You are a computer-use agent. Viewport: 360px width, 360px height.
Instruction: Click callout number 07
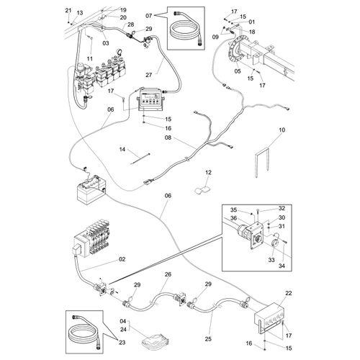(149, 16)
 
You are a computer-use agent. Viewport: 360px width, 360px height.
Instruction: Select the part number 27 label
(149, 75)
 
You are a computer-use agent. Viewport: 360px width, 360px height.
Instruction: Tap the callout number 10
(282, 130)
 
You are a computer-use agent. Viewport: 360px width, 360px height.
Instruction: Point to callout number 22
(289, 293)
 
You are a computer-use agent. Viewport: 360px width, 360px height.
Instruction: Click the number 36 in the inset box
(233, 218)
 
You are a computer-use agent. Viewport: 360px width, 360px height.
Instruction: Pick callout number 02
(122, 259)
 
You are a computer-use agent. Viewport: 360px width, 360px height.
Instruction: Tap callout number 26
(168, 274)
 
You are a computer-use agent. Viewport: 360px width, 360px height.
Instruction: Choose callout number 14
(122, 150)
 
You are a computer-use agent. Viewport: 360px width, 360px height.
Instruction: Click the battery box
(91, 191)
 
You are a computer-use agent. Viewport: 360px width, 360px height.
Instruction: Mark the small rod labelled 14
(140, 159)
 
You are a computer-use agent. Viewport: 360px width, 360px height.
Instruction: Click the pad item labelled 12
(202, 190)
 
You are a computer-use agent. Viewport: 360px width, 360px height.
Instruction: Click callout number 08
(168, 138)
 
